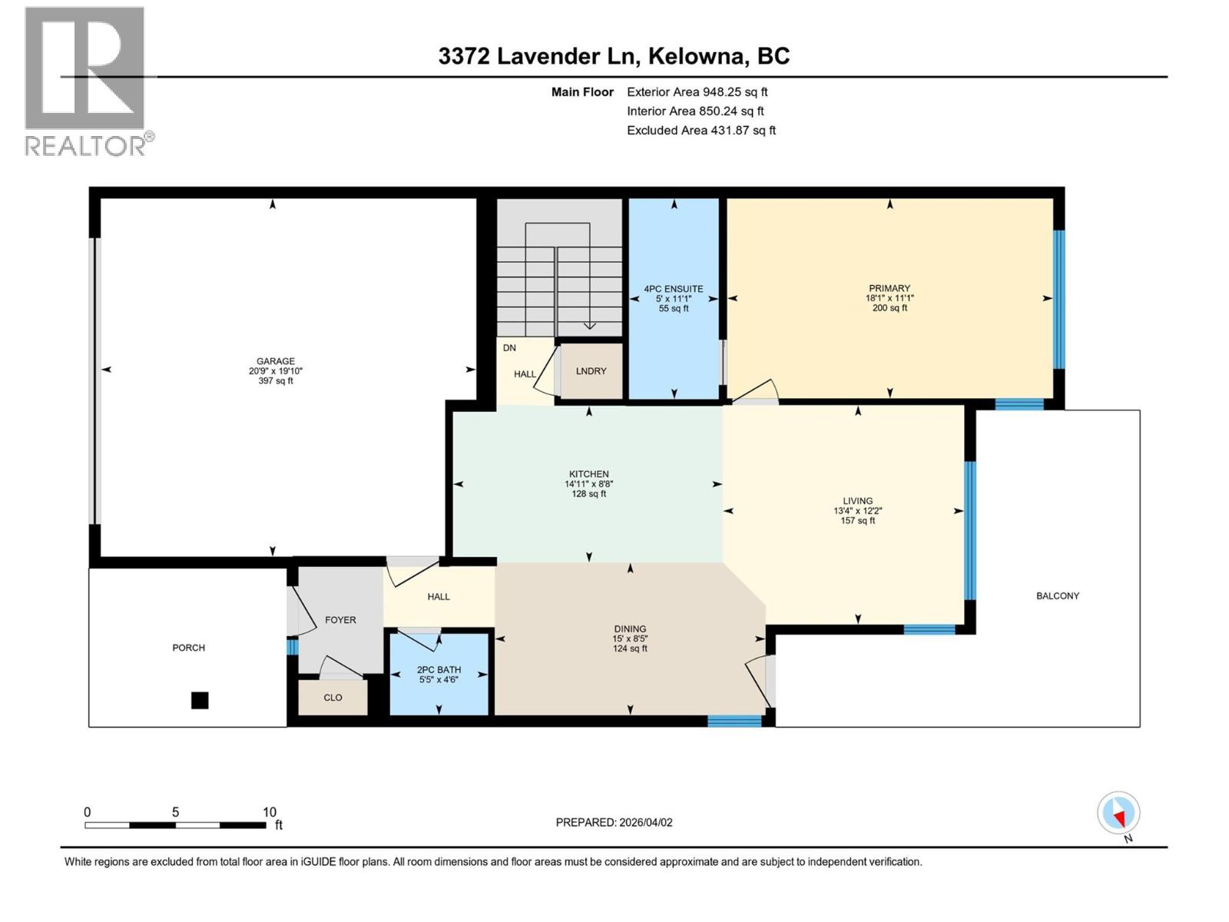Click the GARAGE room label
tap(276, 361)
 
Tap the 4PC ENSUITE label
tap(674, 289)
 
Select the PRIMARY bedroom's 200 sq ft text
tap(889, 308)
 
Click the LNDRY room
tap(591, 371)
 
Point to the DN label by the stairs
tap(509, 348)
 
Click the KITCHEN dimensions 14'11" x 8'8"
tap(588, 484)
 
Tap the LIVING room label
tap(857, 501)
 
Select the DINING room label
tap(630, 628)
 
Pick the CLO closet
tap(333, 698)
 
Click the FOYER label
tap(340, 620)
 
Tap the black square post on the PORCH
tap(200, 700)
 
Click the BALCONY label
tap(1057, 595)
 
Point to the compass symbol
tap(1118, 814)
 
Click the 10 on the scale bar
tap(269, 812)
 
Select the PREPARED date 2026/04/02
tap(645, 822)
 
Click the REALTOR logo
tap(85, 81)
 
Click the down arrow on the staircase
tap(589, 325)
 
